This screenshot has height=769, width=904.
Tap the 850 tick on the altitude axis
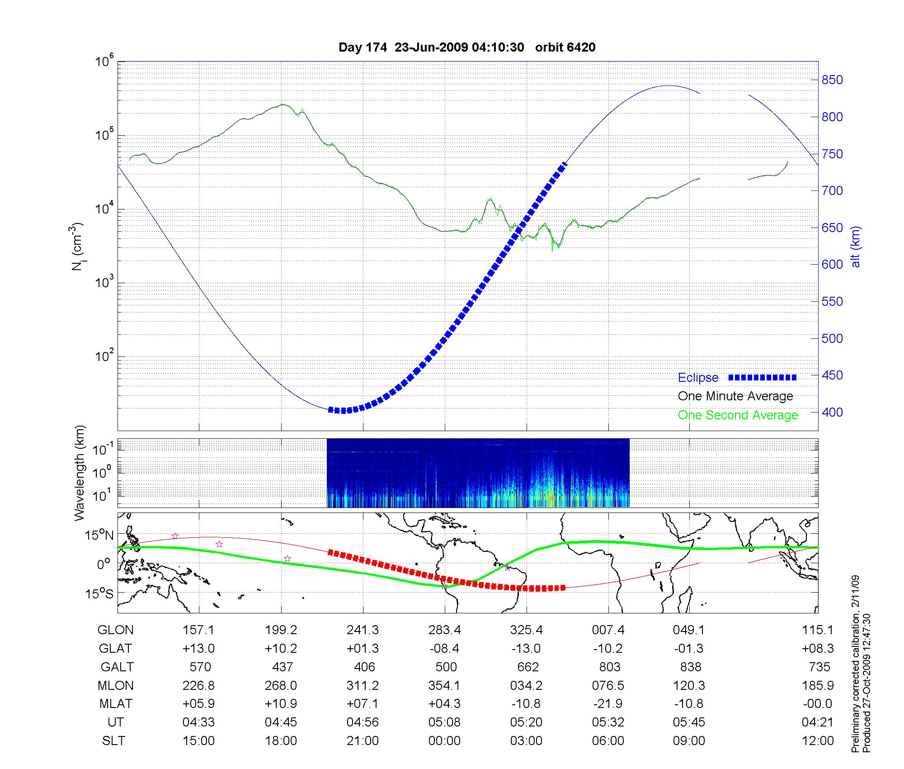pos(832,80)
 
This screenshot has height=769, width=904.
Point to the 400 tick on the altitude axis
pos(832,412)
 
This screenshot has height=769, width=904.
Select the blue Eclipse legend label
pos(698,378)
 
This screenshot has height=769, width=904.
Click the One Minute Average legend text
pos(735,396)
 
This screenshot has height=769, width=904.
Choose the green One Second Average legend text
pos(738,415)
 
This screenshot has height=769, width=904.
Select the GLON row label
pos(115,630)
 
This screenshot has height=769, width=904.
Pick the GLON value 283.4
pos(444,630)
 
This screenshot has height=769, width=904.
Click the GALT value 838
pos(690,667)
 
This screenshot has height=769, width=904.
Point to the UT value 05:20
pos(526,722)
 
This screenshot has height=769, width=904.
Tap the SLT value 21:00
pos(363,741)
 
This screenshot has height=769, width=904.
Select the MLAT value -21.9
pos(608,703)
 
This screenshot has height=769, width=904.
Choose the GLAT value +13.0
pos(198,648)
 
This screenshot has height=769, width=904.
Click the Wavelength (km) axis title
pos(80,473)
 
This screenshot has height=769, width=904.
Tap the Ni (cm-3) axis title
pos(78,247)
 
